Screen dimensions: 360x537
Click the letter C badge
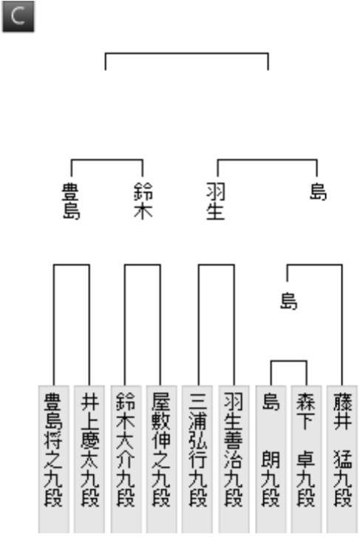18,16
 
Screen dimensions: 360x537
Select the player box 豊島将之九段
54,459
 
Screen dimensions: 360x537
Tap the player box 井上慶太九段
89,459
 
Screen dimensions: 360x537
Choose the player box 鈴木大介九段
126,459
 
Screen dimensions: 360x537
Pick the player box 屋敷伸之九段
161,459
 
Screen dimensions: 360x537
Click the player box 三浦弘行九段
197,459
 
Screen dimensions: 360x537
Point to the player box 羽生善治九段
234,459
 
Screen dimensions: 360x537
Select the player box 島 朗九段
271,459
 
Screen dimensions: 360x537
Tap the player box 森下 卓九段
306,459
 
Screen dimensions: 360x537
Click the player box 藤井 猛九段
342,459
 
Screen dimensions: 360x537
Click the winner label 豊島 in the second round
71,201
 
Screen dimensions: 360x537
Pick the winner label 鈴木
143,201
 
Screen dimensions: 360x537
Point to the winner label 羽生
216,201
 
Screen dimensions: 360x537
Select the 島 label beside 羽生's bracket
319,192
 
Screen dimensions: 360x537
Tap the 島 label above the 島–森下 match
289,301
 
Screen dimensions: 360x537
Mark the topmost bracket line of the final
186,53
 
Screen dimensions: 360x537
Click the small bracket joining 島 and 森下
289,361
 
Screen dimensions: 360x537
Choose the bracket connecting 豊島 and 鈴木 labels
106,160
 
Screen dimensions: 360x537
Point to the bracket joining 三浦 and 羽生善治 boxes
217,264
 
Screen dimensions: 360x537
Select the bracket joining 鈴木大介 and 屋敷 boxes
143,264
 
